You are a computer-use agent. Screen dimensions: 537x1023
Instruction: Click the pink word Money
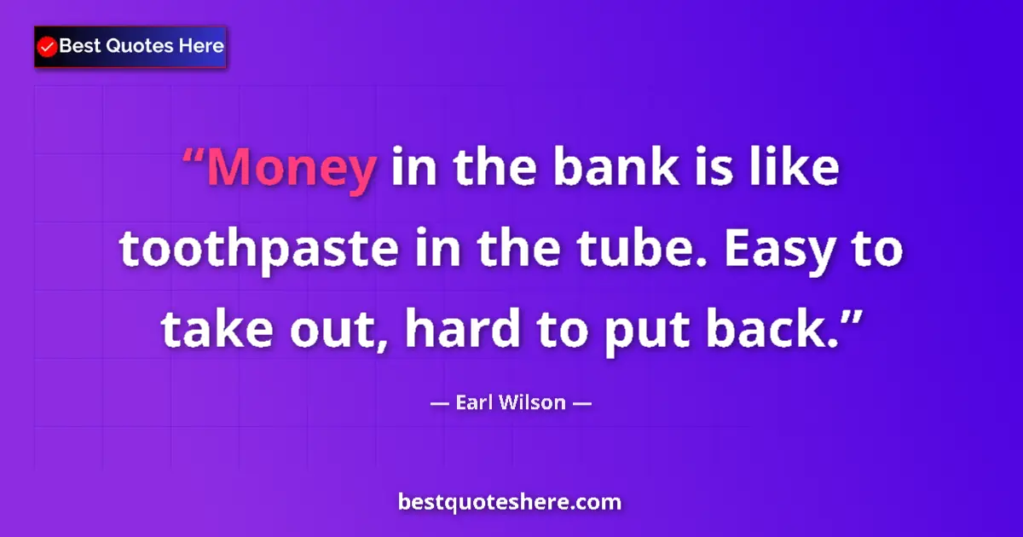291,169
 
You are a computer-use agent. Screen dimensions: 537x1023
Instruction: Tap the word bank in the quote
604,169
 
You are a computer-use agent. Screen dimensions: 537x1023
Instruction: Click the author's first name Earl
474,402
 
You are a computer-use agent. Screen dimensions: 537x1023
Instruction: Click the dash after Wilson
581,403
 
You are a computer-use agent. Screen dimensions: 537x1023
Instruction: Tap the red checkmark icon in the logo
48,47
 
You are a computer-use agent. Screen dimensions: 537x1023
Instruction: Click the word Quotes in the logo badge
132,46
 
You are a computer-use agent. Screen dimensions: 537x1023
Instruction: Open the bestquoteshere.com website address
510,502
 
